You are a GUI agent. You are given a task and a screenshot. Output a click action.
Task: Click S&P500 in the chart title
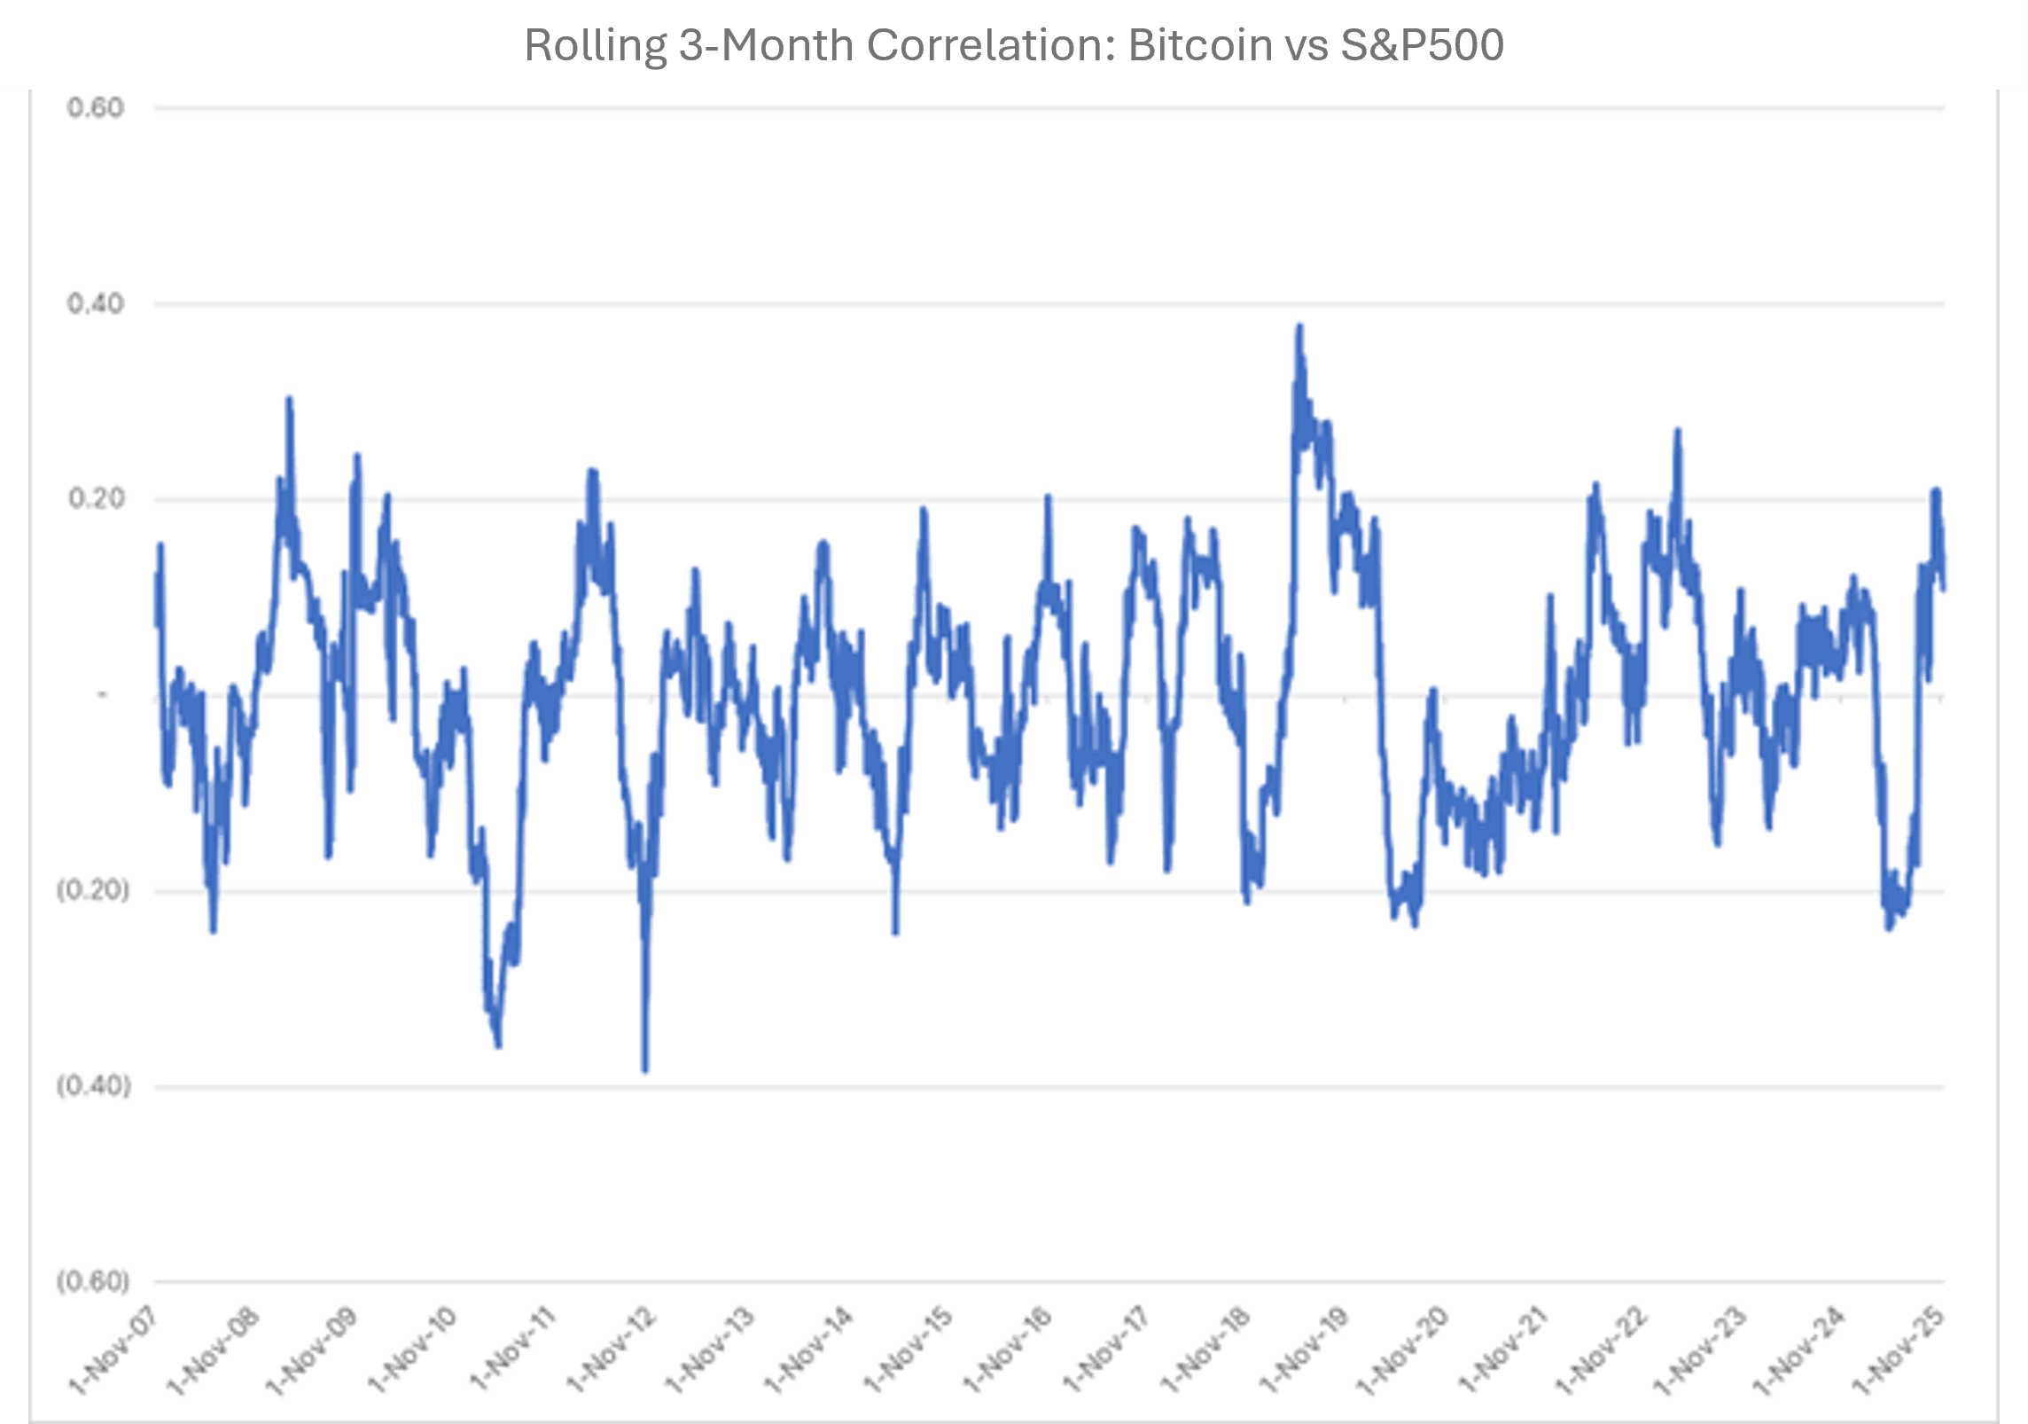coord(1422,45)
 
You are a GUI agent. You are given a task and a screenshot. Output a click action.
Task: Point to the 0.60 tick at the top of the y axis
coord(96,108)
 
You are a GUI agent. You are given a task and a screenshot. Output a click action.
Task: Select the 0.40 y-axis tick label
coord(96,304)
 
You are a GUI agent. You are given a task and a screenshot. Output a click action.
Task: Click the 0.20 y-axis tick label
coord(96,499)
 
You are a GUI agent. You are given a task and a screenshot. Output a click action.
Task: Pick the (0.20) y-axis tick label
coord(93,890)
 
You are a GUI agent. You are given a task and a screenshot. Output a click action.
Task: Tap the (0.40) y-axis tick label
coord(93,1086)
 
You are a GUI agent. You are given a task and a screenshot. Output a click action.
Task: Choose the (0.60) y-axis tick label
coord(93,1281)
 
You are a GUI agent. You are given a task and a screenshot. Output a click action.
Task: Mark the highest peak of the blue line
coord(1299,327)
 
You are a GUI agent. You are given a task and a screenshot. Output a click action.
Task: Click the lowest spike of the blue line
coord(645,1069)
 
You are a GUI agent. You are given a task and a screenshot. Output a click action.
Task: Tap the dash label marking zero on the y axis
coord(102,695)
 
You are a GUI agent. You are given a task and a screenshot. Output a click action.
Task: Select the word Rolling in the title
coord(595,45)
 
